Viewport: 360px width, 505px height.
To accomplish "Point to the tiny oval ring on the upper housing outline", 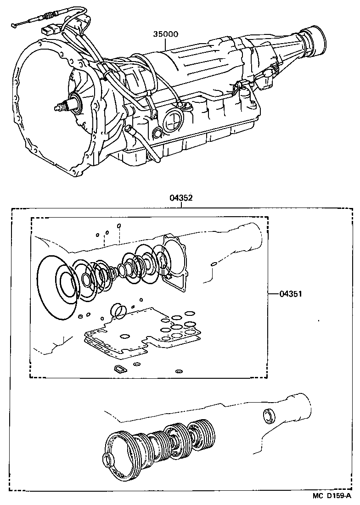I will [214, 264].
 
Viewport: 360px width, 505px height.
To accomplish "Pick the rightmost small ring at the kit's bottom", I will [179, 370].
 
